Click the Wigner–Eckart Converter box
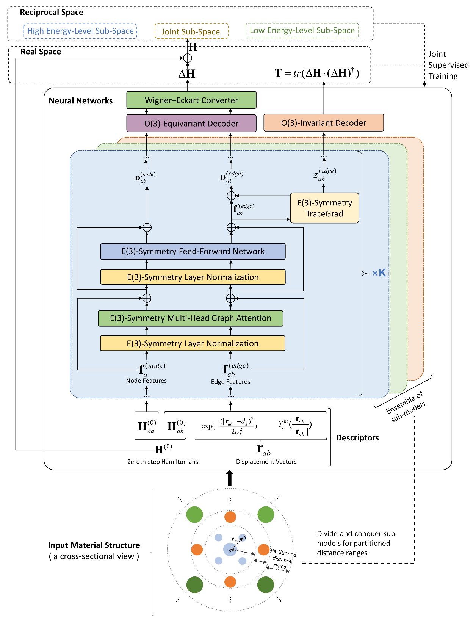point(191,100)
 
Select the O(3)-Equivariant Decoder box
point(191,124)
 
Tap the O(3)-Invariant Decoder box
point(324,123)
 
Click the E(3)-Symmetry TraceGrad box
point(324,208)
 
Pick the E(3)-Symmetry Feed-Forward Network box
point(193,251)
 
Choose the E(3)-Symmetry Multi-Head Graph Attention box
point(191,318)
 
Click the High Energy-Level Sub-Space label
point(80,31)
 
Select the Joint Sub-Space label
point(191,32)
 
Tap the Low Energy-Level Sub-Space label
point(302,30)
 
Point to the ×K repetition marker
point(379,273)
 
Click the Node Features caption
point(146,381)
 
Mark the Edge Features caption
point(230,382)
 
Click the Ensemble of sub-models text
point(406,408)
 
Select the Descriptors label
point(357,438)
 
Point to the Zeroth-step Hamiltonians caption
point(163,462)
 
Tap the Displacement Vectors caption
point(266,462)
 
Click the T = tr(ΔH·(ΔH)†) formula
point(317,73)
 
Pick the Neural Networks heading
point(81,101)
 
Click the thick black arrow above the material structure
point(229,478)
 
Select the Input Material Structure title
point(94,545)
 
